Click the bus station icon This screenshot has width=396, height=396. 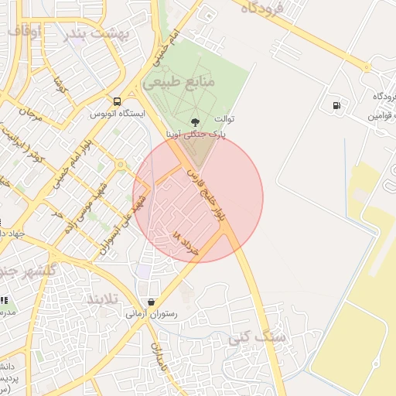[117, 101]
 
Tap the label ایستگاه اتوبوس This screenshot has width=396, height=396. [118, 113]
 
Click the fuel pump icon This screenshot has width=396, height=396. [336, 106]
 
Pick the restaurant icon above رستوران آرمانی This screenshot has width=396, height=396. [151, 302]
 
